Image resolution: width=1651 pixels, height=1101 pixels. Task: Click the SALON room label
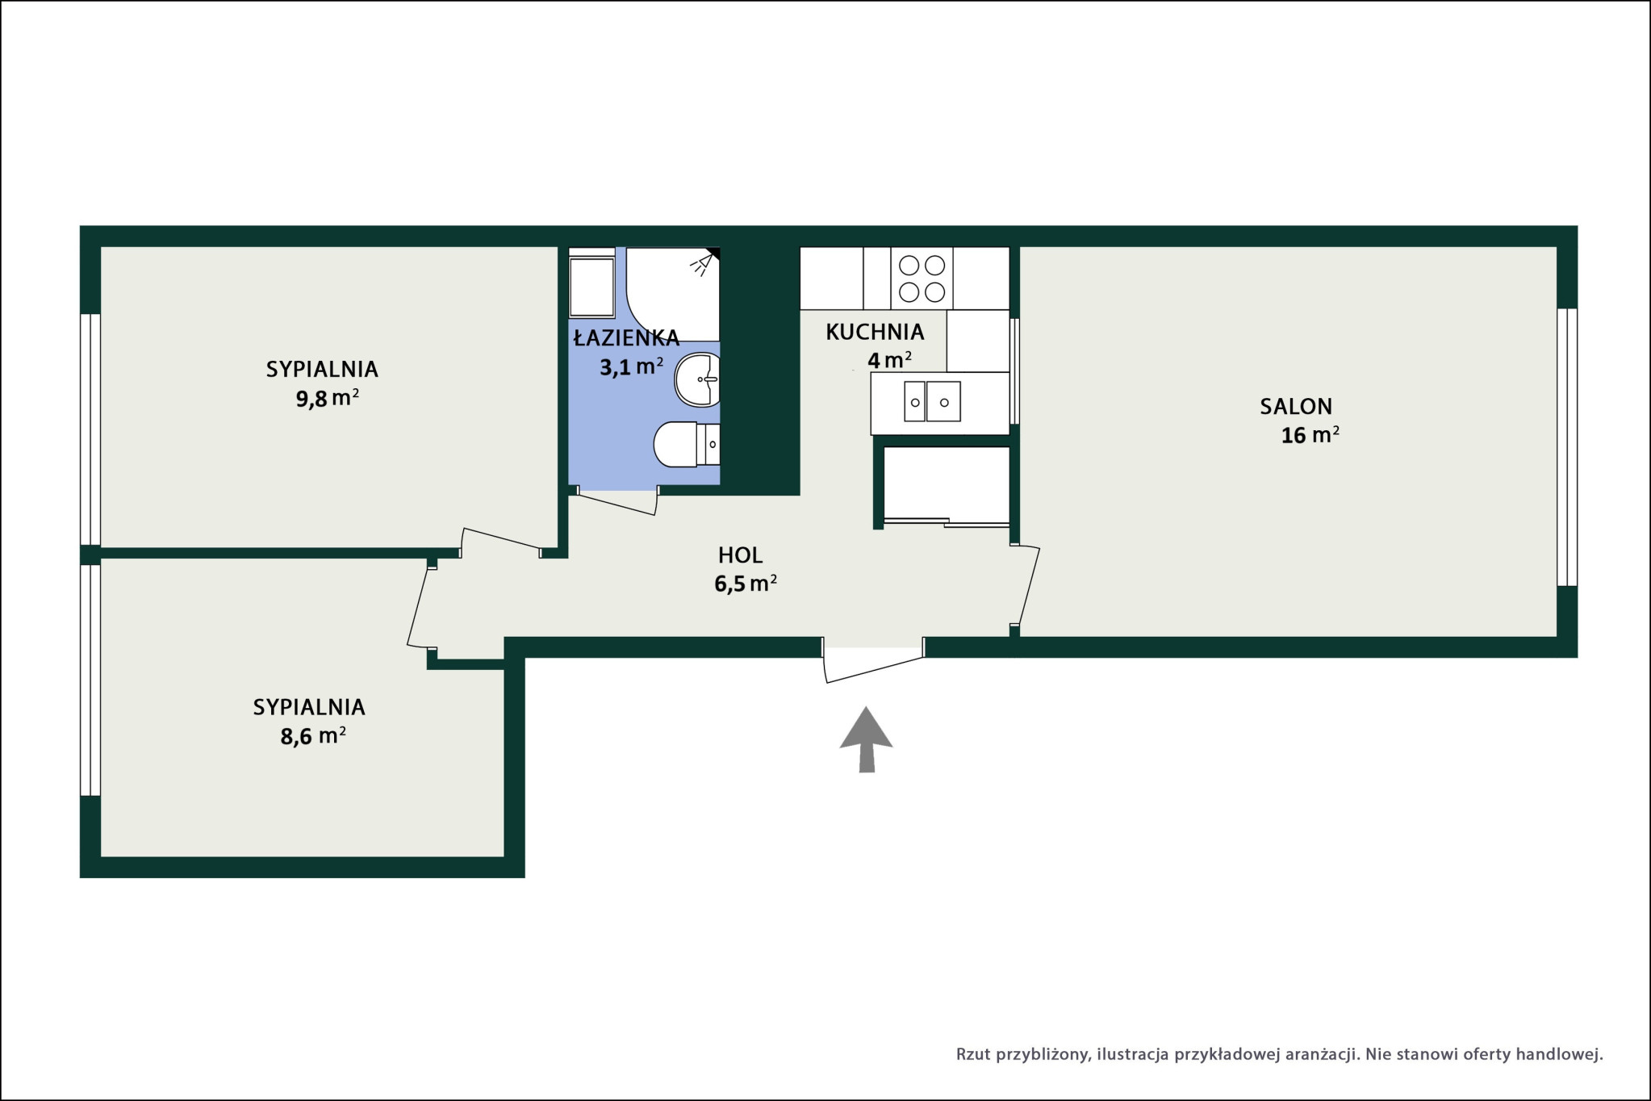(1296, 406)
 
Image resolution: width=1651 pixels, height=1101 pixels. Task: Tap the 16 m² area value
(1310, 435)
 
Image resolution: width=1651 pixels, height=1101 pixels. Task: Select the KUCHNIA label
(875, 332)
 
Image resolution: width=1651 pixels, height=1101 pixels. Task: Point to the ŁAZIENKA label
(626, 337)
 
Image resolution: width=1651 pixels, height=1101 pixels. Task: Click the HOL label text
(741, 555)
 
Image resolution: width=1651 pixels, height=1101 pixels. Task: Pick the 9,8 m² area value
(327, 399)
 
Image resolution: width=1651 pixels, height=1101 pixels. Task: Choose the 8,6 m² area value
(313, 736)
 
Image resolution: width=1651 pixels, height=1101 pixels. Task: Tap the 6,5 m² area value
(746, 584)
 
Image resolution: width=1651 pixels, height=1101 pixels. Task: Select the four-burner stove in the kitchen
(922, 278)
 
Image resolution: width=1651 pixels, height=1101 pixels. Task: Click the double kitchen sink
(932, 401)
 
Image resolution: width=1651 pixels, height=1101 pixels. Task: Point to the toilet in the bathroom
(686, 444)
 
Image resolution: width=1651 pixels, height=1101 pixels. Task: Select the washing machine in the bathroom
(592, 283)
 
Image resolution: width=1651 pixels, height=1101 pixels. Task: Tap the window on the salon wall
(1566, 447)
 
